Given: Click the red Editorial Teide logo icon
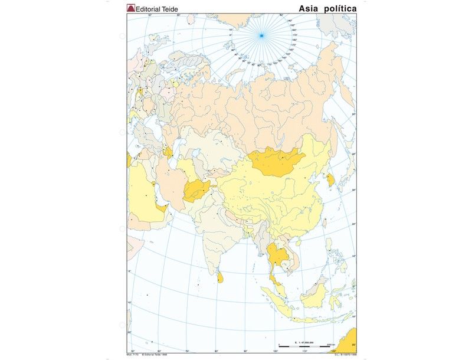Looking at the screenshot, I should pos(131,8).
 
